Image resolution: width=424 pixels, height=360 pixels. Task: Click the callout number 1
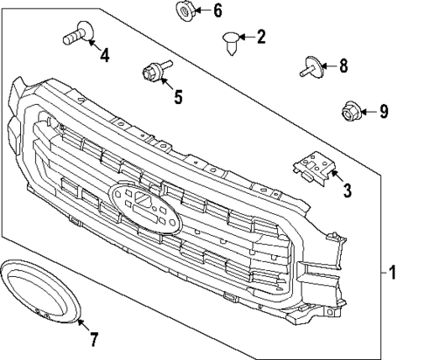pyautogui.click(x=393, y=273)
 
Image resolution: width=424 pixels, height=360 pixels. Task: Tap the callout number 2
pyautogui.click(x=260, y=37)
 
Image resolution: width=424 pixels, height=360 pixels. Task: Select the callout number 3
pyautogui.click(x=347, y=190)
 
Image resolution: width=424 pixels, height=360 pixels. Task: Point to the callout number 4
pyautogui.click(x=104, y=57)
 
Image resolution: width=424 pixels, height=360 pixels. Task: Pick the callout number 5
pyautogui.click(x=177, y=95)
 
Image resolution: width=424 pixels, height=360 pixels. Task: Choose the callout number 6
pyautogui.click(x=217, y=11)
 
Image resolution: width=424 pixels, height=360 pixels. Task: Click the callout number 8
pyautogui.click(x=343, y=65)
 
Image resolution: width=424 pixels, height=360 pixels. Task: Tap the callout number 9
pyautogui.click(x=382, y=111)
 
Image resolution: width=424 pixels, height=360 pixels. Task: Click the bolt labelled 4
pyautogui.click(x=76, y=37)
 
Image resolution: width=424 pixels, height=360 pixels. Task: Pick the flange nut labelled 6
pyautogui.click(x=184, y=11)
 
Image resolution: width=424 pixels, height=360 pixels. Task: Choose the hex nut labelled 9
pyautogui.click(x=347, y=111)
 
